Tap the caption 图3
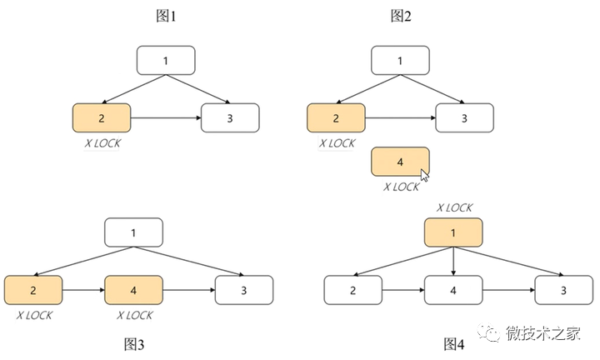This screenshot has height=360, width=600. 134,344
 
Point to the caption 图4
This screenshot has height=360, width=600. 454,344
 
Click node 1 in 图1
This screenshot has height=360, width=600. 166,60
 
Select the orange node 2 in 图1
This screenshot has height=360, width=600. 102,118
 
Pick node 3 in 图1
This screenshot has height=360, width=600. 230,118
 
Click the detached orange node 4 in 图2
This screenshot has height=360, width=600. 401,162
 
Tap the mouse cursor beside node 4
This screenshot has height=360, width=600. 425,175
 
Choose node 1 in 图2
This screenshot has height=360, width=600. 401,60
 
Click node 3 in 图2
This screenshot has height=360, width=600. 464,118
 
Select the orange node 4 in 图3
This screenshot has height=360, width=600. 134,291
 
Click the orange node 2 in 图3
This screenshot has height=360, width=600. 32,291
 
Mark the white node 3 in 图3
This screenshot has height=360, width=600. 244,291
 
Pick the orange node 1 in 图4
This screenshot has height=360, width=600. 453,232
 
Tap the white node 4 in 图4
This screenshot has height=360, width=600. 453,291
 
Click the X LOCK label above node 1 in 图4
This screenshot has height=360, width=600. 453,207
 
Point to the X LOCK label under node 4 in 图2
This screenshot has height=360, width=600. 401,187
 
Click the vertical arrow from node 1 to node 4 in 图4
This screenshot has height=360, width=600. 453,261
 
